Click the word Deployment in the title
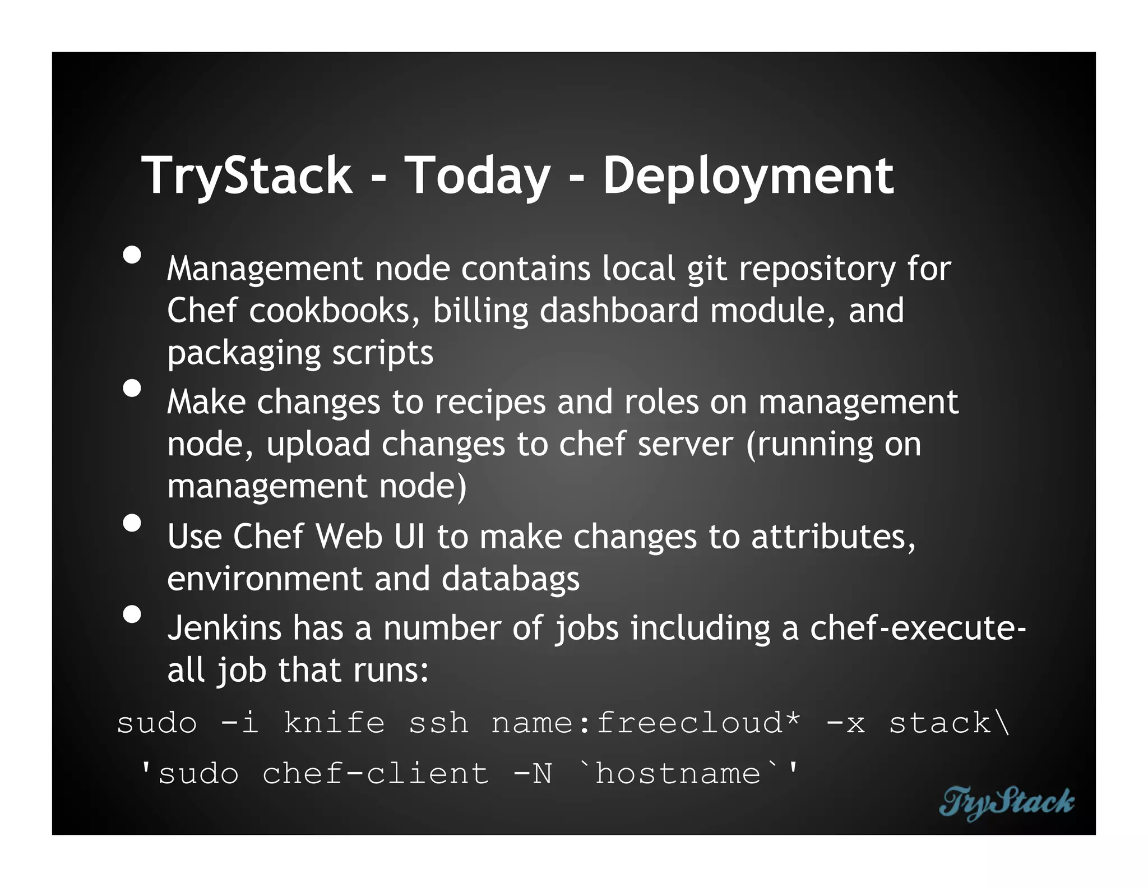coord(748,177)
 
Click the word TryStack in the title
coord(247,177)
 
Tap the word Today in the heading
coord(477,177)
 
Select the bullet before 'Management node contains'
coord(132,255)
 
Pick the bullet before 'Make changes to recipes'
coord(132,388)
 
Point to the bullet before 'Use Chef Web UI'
coord(132,523)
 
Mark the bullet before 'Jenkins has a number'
coord(132,615)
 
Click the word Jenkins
coord(224,628)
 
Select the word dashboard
coord(619,311)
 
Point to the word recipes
coord(490,403)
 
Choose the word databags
coord(510,579)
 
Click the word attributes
coord(833,537)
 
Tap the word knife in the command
coord(334,723)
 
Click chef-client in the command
coord(376,774)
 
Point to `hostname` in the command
coord(678,773)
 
